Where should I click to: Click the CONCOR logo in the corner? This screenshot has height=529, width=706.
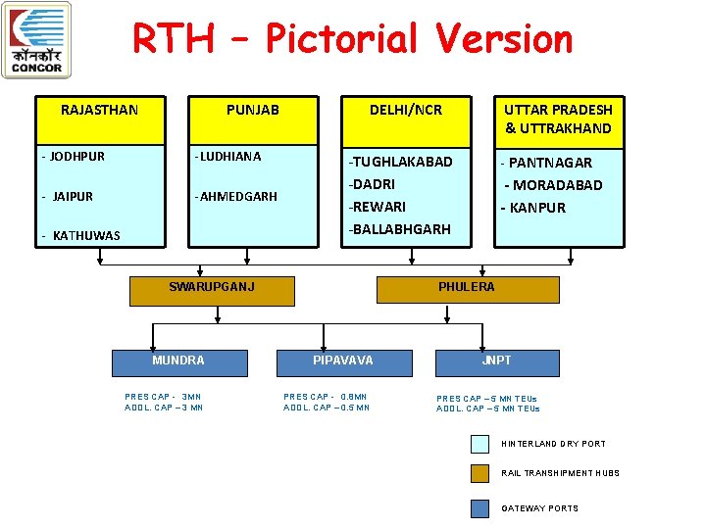point(36,40)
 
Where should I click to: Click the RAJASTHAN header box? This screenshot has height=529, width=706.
point(99,120)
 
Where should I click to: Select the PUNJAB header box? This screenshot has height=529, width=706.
point(253,120)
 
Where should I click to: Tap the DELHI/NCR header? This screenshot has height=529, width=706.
point(405,120)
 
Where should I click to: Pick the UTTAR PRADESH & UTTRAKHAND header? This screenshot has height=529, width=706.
point(558,120)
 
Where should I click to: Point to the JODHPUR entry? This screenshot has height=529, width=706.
point(74,157)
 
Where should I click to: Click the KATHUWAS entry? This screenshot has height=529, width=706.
point(80,235)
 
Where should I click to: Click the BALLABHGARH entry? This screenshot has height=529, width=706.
point(400,229)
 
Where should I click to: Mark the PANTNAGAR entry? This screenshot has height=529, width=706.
point(546,163)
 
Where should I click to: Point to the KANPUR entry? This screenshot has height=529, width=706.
point(533,208)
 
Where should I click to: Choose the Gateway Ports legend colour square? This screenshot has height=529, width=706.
point(479,508)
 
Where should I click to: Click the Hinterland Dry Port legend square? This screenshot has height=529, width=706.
point(479,444)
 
